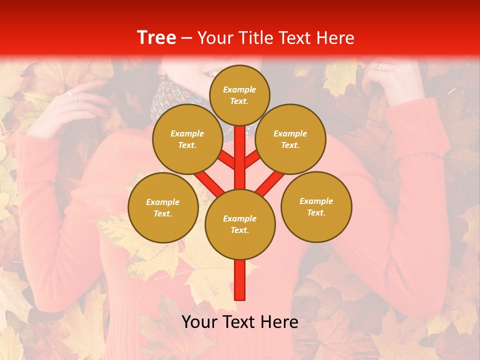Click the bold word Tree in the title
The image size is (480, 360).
tap(156, 37)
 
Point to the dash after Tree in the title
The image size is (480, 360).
tap(186, 38)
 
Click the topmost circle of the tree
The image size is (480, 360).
tap(239, 95)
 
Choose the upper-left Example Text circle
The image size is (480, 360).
tap(187, 139)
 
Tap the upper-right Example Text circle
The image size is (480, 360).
tap(290, 139)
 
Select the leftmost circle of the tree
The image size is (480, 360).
tap(162, 207)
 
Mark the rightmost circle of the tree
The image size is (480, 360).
tap(316, 206)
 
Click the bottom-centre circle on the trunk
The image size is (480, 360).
tap(239, 224)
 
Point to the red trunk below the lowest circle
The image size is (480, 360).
tap(240, 280)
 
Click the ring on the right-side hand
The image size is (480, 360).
tap(378, 66)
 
